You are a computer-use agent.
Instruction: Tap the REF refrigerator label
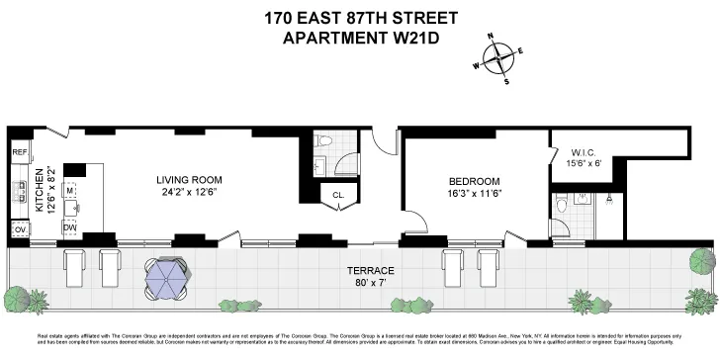click(x=19, y=153)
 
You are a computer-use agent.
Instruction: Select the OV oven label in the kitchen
click(x=19, y=229)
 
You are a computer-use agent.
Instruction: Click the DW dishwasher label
click(x=70, y=226)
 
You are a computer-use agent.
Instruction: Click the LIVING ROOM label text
click(x=189, y=180)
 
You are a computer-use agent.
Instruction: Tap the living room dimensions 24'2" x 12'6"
click(x=189, y=193)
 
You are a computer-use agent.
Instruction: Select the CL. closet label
click(x=338, y=195)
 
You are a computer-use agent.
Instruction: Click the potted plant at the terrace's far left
click(x=17, y=296)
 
